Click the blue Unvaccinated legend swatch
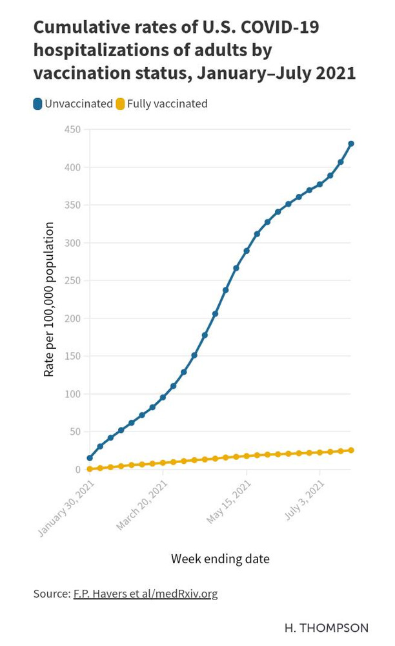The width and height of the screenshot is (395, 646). [38, 103]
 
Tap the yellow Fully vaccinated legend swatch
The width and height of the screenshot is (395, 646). [120, 103]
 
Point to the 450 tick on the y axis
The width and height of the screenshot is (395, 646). [72, 130]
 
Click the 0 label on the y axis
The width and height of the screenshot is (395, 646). [77, 470]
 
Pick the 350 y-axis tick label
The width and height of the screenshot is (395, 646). [72, 205]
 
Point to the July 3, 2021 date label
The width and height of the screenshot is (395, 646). [305, 501]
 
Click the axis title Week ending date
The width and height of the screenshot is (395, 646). [220, 559]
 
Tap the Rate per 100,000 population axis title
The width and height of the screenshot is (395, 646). [49, 299]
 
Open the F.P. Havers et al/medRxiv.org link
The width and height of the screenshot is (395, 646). [145, 593]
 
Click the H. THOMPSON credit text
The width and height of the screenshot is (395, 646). [327, 628]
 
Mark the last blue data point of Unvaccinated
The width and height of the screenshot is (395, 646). [351, 143]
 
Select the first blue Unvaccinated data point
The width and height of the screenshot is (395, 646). [90, 458]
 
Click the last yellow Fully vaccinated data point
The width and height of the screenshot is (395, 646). [351, 450]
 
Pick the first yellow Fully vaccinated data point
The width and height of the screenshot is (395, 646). [90, 469]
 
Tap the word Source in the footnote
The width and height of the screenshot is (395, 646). [50, 593]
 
